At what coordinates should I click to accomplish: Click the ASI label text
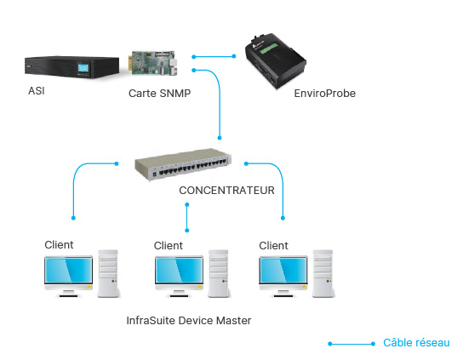click(37, 91)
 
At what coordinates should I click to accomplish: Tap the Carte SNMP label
click(159, 94)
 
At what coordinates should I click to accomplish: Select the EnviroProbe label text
click(325, 94)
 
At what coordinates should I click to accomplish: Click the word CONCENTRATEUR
click(226, 191)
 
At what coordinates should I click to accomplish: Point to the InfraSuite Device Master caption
click(189, 321)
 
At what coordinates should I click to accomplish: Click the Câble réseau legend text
click(416, 343)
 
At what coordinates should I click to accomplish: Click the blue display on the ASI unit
click(83, 68)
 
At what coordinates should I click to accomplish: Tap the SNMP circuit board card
click(153, 63)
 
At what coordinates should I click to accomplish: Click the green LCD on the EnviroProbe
click(268, 49)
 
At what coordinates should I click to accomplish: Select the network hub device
click(183, 164)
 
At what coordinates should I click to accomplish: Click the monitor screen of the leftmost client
click(68, 271)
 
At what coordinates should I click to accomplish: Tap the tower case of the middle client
click(219, 273)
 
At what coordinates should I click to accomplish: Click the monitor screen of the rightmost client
click(283, 271)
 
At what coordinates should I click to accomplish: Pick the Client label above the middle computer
click(169, 246)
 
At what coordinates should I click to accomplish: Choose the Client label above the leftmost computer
click(59, 245)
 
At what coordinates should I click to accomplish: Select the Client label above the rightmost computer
click(273, 246)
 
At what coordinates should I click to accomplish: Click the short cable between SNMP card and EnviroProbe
click(214, 56)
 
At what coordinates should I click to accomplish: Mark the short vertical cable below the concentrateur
click(187, 217)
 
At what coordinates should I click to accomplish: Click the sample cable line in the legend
click(352, 344)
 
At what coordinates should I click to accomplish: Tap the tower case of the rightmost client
click(323, 273)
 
